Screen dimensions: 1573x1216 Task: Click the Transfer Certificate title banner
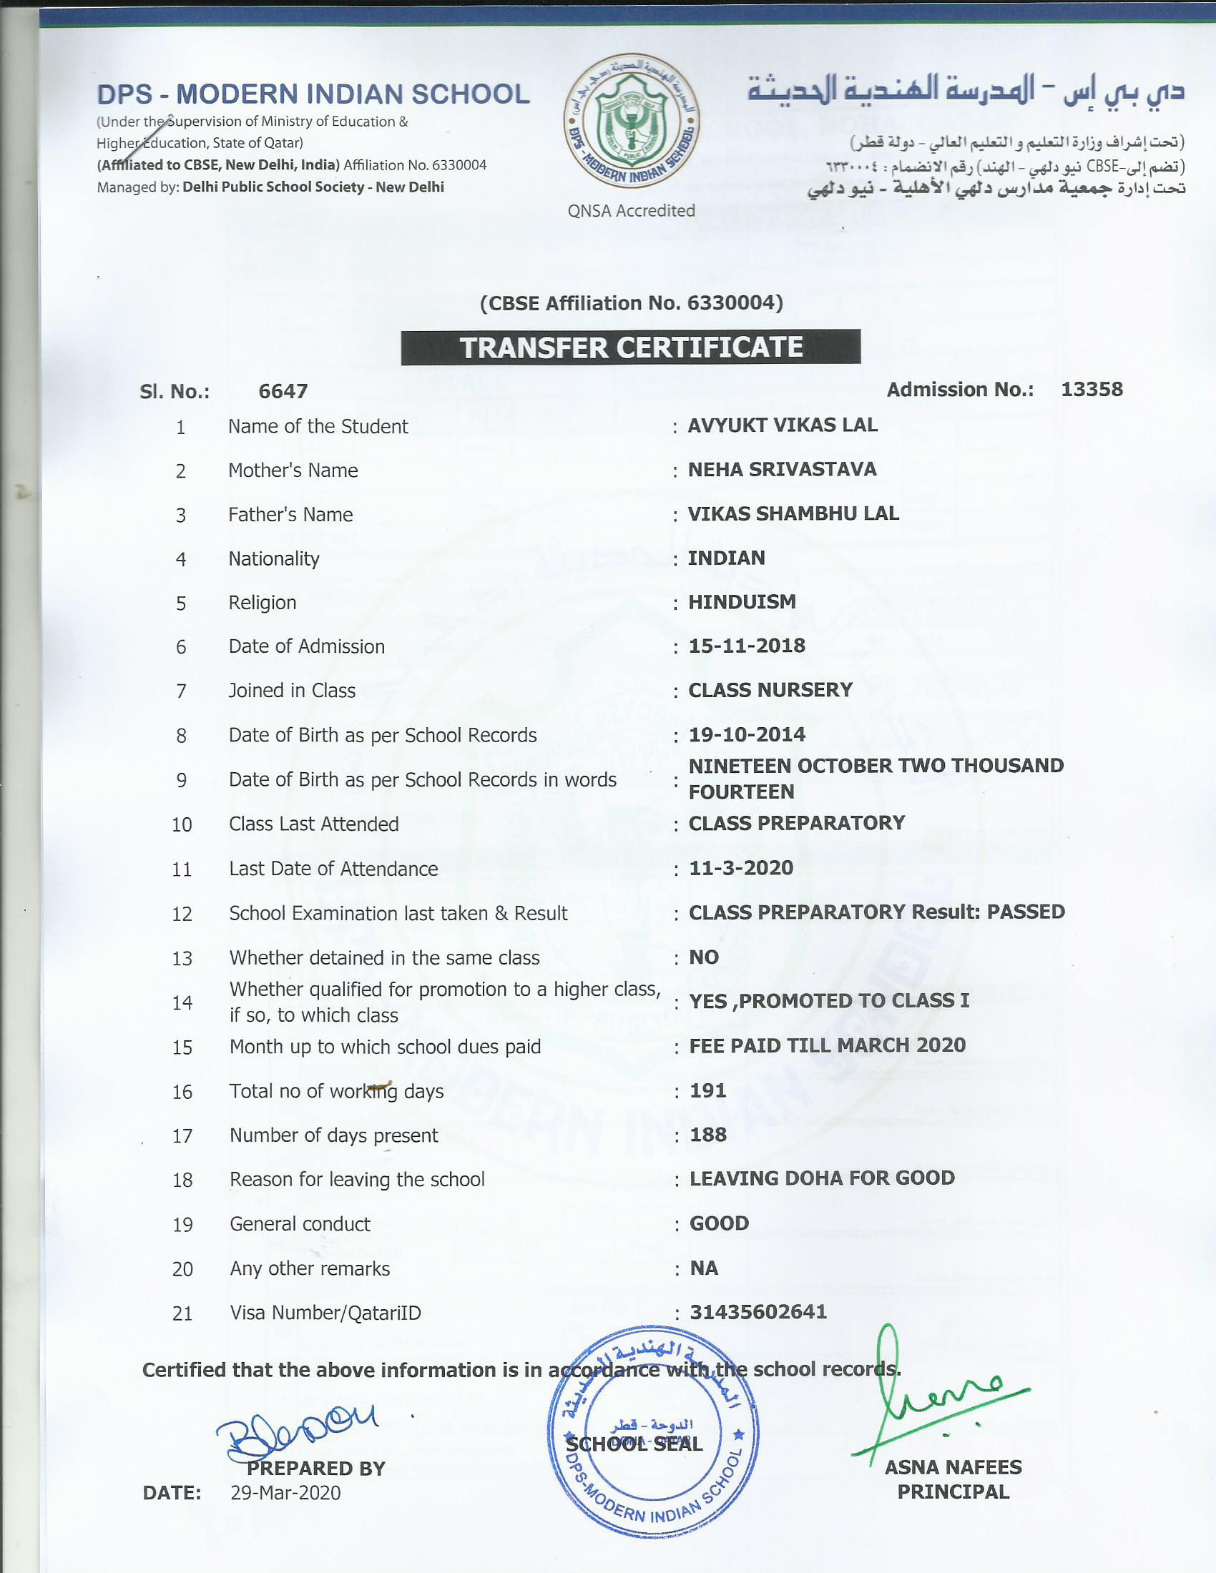coord(630,347)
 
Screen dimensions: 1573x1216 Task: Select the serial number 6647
coord(283,391)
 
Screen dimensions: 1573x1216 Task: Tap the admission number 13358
coord(1092,390)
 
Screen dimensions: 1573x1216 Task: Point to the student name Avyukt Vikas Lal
coord(783,425)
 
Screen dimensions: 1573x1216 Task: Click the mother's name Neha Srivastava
coord(782,470)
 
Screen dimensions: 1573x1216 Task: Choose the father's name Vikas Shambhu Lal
coord(793,513)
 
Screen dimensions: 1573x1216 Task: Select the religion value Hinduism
coord(742,602)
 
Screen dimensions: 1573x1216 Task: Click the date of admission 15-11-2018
coord(746,646)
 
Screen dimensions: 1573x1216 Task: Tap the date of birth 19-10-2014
coord(746,734)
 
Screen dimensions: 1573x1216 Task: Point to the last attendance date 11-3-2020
coord(740,868)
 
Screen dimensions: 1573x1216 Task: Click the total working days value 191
coord(707,1090)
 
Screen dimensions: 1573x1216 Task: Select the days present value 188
coord(707,1135)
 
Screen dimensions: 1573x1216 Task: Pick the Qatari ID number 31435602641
coord(757,1312)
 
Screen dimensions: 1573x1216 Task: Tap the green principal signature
coord(929,1394)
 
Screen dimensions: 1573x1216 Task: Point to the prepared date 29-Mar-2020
coord(285,1493)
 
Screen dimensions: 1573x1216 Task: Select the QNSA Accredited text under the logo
coord(631,210)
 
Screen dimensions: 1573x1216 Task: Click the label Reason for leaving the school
coord(357,1180)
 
